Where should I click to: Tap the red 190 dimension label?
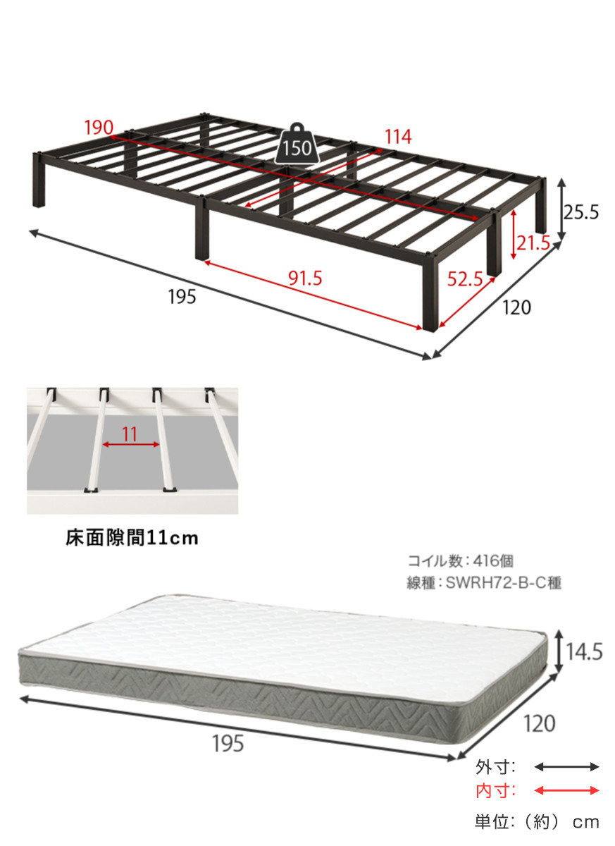point(99,128)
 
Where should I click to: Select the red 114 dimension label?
point(398,137)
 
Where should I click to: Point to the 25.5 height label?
point(581,213)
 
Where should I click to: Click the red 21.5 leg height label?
point(533,244)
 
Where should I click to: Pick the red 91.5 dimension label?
point(305,278)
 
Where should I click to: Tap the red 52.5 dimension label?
point(465,279)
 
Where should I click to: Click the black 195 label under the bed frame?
point(182,297)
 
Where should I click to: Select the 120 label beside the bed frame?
point(516,307)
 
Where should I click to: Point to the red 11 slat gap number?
point(130,435)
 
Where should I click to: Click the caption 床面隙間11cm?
point(132,538)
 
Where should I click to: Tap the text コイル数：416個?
point(460,561)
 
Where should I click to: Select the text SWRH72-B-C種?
point(503,583)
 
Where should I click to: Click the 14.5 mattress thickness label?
point(584,652)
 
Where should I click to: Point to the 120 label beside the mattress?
point(540,723)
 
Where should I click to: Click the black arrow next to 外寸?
point(566,767)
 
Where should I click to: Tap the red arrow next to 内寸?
point(566,790)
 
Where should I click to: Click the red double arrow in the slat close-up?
point(131,445)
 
